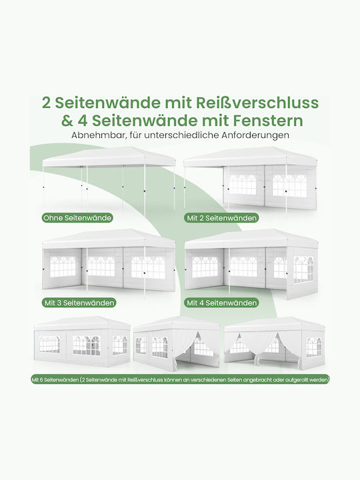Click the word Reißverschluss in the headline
pyautogui.click(x=257, y=103)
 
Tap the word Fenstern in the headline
pyautogui.click(x=268, y=121)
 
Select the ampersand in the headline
pyautogui.click(x=67, y=121)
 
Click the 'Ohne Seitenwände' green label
pyautogui.click(x=77, y=218)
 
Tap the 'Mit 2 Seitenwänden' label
pyautogui.click(x=221, y=218)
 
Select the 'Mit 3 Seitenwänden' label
pyautogui.click(x=79, y=303)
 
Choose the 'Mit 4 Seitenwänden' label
pyautogui.click(x=221, y=303)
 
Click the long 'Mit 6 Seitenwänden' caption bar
pyautogui.click(x=180, y=379)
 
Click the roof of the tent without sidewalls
pyautogui.click(x=109, y=157)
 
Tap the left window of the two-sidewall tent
pyautogui.click(x=243, y=185)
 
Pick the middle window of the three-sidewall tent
pyautogui.click(x=101, y=266)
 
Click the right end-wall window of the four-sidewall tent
pyautogui.click(x=303, y=270)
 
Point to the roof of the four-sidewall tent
pyautogui.click(x=251, y=239)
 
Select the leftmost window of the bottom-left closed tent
pyautogui.click(x=49, y=344)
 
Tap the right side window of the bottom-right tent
pyautogui.click(x=314, y=347)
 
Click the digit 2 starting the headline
pyautogui.click(x=46, y=103)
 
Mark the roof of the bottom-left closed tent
pyautogui.click(x=82, y=323)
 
